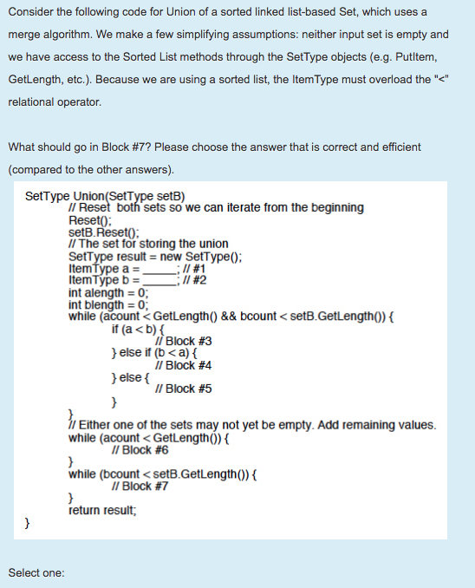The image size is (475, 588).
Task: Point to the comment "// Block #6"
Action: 140,449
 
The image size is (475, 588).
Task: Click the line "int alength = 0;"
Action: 108,292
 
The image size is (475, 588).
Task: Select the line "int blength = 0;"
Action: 108,304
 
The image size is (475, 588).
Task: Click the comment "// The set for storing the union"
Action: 148,244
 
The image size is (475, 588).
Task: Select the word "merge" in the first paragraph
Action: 25,35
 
